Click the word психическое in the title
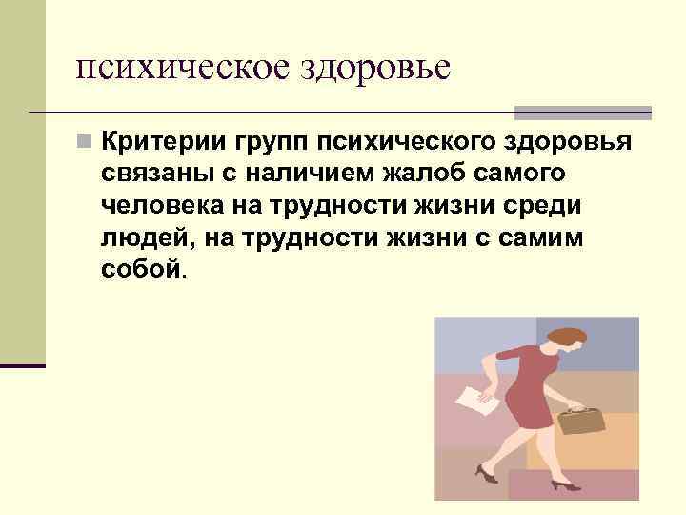pyautogui.click(x=182, y=69)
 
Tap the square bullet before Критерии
pyautogui.click(x=86, y=143)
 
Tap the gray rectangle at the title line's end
pyautogui.click(x=583, y=112)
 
